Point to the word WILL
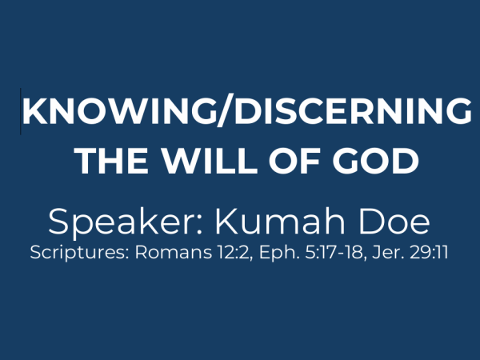[x=210, y=161]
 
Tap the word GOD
[x=376, y=161]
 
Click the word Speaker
[x=122, y=222]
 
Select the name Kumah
[x=280, y=221]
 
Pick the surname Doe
[x=394, y=221]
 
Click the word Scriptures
[x=78, y=253]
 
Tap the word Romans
[x=174, y=252]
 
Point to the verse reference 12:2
[x=235, y=253]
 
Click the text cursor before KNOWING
[x=21, y=111]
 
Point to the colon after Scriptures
[x=127, y=255]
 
